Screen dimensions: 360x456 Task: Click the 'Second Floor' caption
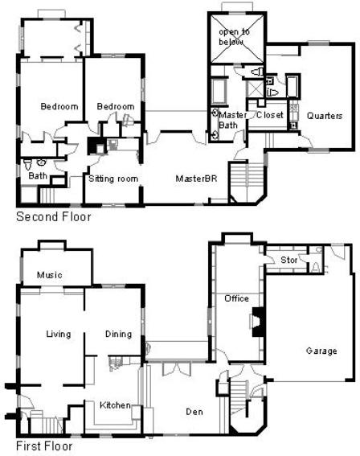click(54, 216)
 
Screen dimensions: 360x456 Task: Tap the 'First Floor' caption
click(44, 446)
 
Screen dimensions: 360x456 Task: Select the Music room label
click(49, 275)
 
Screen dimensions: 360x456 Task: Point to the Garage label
click(321, 351)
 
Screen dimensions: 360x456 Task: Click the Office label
click(236, 298)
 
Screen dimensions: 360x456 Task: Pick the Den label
click(194, 412)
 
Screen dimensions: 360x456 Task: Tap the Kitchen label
click(115, 405)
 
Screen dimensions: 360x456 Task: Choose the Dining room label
click(118, 334)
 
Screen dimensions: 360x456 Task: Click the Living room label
click(59, 334)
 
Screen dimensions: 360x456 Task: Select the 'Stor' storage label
click(288, 260)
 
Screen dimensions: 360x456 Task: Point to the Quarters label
click(325, 116)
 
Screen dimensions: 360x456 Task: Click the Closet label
click(270, 115)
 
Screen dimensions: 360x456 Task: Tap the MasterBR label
click(196, 179)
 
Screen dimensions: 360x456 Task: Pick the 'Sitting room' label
click(113, 179)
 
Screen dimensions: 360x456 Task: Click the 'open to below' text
click(234, 37)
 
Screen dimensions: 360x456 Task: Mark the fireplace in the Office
click(257, 322)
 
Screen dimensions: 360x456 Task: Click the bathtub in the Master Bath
click(219, 91)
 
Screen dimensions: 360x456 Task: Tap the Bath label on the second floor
click(38, 175)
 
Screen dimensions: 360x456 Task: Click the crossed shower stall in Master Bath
click(255, 88)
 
